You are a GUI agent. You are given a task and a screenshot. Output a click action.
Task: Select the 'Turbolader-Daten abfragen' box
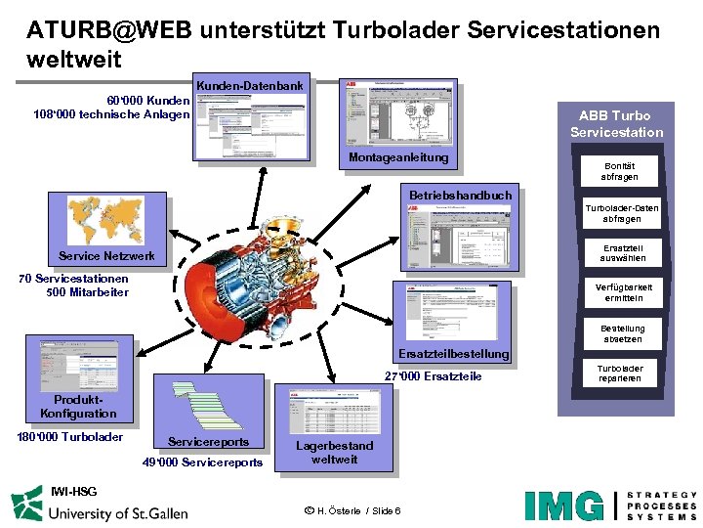[x=621, y=213]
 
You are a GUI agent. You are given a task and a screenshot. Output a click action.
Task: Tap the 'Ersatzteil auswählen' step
[x=621, y=252]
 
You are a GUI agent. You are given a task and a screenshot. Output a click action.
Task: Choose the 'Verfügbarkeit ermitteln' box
[x=621, y=291]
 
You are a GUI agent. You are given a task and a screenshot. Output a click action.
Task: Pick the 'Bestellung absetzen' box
[x=622, y=333]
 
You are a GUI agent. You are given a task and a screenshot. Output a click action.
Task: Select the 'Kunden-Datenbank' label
[x=250, y=86]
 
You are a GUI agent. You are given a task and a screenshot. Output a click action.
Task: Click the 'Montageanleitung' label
[x=398, y=157]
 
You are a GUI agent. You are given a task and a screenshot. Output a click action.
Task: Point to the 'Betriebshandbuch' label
[x=460, y=195]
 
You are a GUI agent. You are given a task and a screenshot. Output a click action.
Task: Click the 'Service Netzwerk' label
[x=106, y=256]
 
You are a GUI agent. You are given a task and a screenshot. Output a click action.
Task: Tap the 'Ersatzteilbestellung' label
[x=453, y=353]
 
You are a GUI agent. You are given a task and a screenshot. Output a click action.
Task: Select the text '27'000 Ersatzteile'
[x=433, y=376]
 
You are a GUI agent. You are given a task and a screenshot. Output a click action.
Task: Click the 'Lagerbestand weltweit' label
[x=334, y=452]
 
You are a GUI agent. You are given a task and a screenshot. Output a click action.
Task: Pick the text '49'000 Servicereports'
[x=202, y=462]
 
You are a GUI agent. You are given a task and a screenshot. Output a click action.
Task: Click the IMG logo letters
[x=564, y=506]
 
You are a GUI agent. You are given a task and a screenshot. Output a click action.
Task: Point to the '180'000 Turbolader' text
[x=70, y=437]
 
